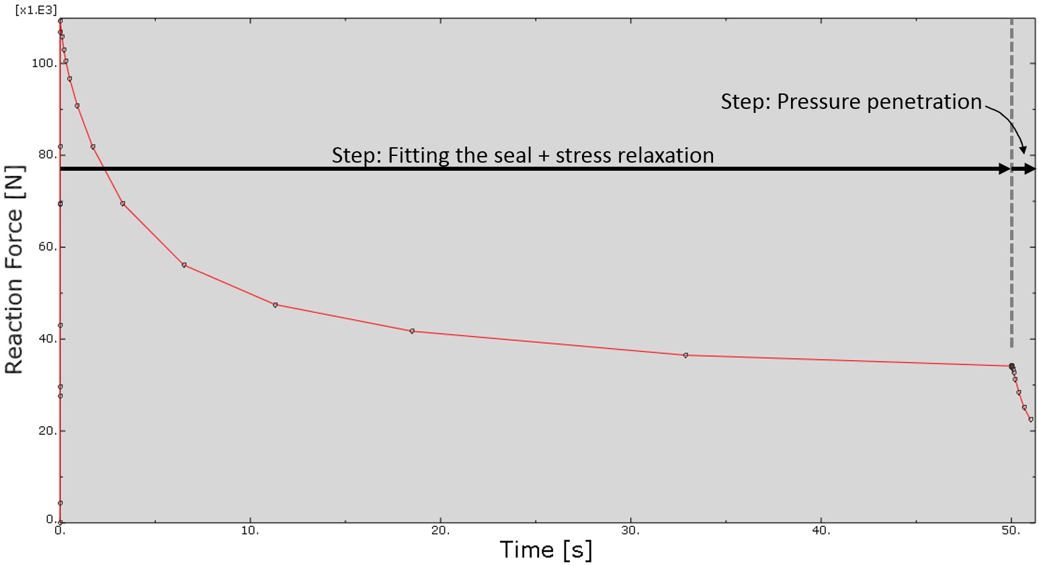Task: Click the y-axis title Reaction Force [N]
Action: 15,270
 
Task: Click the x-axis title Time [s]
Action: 546,550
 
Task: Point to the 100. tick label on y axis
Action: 44,63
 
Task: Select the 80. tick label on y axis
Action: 46,155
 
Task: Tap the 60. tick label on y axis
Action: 46,247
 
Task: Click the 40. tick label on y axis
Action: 46,339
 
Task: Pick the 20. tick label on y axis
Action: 46,431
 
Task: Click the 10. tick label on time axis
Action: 250,530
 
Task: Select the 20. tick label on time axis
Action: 440,530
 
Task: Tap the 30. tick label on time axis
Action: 630,530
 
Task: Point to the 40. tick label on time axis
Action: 821,530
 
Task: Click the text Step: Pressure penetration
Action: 851,102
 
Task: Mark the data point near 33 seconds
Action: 685,355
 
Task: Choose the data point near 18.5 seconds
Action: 412,331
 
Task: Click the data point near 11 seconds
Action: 275,305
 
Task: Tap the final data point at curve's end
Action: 1030,419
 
